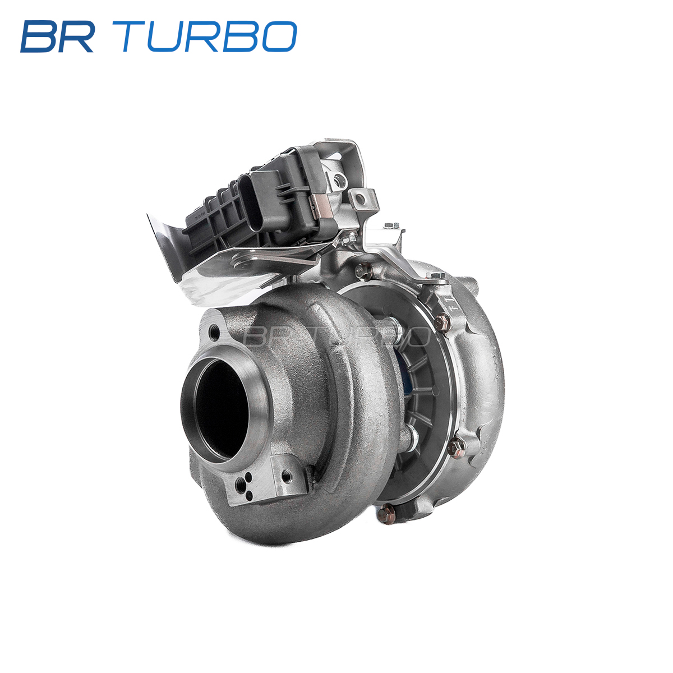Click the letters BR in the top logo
(58, 36)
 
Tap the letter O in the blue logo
(279, 36)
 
